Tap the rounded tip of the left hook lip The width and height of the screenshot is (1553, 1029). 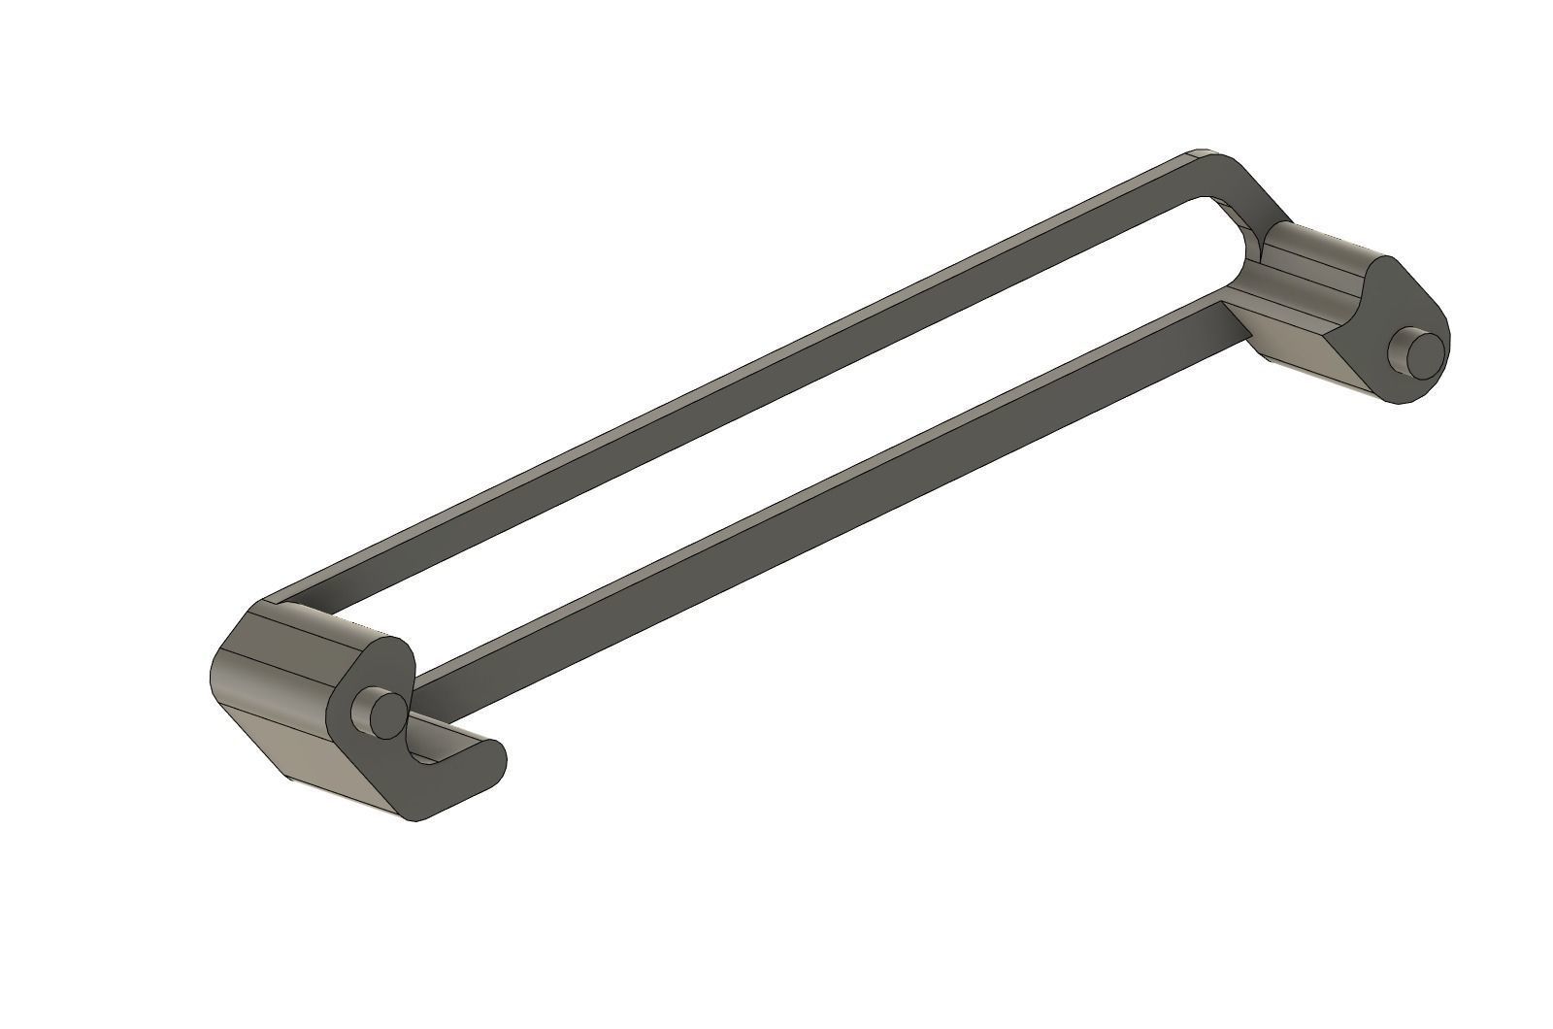pyautogui.click(x=495, y=754)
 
